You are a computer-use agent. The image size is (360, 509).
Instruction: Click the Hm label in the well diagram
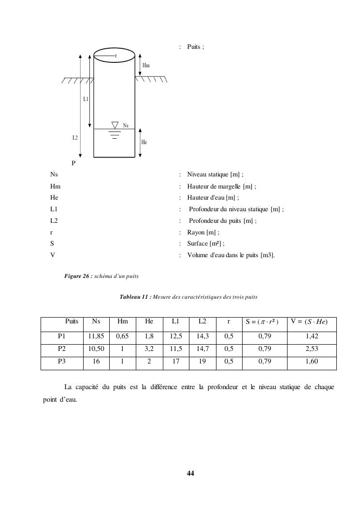145,64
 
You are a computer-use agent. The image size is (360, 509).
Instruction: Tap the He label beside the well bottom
144,142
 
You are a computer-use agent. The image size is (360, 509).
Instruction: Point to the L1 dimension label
86,99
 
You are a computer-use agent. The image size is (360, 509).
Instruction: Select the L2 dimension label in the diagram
75,138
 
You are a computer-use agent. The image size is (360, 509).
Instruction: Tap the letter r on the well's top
115,56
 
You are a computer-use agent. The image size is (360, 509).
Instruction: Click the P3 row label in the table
61,361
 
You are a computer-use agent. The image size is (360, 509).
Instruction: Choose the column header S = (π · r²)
261,322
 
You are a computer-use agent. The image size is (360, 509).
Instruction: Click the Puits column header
72,321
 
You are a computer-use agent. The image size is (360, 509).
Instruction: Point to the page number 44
190,473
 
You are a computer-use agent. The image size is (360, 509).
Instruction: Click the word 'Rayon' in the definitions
196,233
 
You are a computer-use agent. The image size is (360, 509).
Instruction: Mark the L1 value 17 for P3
176,361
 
